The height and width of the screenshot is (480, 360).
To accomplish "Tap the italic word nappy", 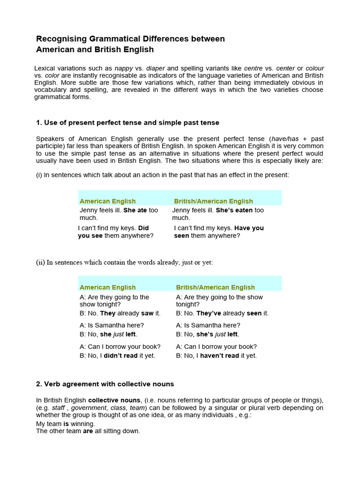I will click(x=124, y=68).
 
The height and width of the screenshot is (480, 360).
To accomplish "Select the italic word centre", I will click(x=254, y=68).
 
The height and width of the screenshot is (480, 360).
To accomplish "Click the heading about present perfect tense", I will click(x=127, y=123).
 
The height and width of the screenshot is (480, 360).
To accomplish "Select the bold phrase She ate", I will click(x=135, y=210).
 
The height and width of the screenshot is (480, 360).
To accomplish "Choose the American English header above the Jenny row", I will click(x=107, y=201).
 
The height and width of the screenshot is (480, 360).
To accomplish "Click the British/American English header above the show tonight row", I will click(x=215, y=287).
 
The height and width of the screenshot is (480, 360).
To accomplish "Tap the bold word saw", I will click(x=147, y=314).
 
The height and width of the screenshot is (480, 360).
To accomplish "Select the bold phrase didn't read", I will click(x=120, y=356).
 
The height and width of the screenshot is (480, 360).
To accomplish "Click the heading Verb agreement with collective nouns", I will click(x=105, y=384).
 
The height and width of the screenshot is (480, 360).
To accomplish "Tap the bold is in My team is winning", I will click(x=66, y=424).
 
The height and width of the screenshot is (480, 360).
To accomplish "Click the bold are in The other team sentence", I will click(x=88, y=431).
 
